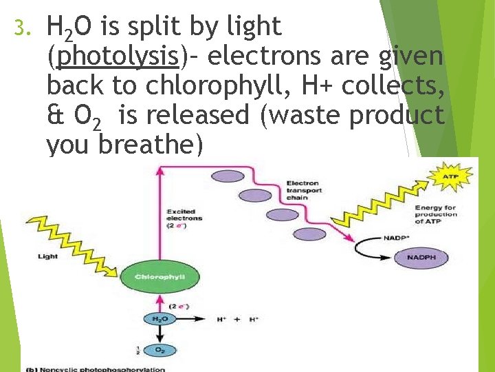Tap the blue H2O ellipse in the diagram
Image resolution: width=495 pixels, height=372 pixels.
pyautogui.click(x=159, y=319)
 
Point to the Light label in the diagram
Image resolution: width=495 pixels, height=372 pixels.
pyautogui.click(x=48, y=257)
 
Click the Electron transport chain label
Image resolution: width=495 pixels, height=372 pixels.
pyautogui.click(x=302, y=191)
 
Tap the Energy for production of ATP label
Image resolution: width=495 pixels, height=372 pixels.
pyautogui.click(x=436, y=214)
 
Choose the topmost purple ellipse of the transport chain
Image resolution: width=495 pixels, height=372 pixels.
pyautogui.click(x=223, y=176)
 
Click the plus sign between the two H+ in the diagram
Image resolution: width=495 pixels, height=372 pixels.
pyautogui.click(x=237, y=320)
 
